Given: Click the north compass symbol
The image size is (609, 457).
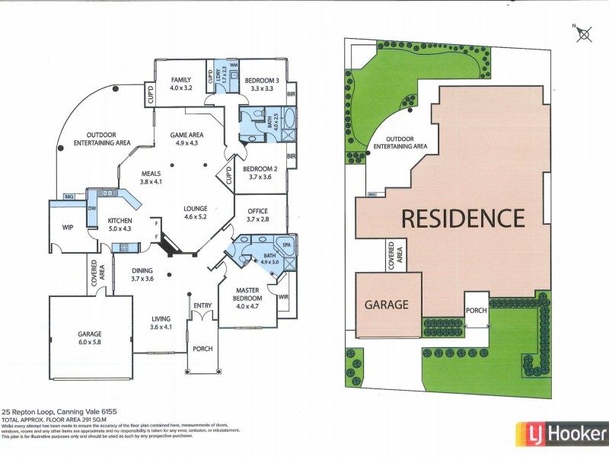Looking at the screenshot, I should pyautogui.click(x=585, y=33).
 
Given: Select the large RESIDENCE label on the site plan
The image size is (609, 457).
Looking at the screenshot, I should pyautogui.click(x=463, y=219).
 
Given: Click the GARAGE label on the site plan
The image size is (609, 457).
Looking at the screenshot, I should pyautogui.click(x=387, y=305).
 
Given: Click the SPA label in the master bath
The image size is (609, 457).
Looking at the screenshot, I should pyautogui.click(x=287, y=245).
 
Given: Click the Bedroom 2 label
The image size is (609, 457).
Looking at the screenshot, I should pyautogui.click(x=260, y=173).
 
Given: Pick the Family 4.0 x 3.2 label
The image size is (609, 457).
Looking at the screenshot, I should pyautogui.click(x=181, y=84).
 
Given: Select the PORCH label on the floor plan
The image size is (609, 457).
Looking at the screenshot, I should pyautogui.click(x=202, y=349).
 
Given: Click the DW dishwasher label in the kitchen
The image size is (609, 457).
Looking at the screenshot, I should pyautogui.click(x=91, y=207).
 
